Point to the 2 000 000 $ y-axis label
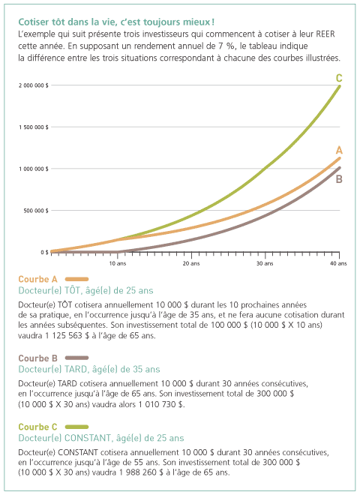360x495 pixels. (x=34, y=85)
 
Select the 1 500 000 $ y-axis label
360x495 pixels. (x=34, y=127)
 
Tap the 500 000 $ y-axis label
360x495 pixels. (x=36, y=211)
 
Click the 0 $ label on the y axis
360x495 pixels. (x=44, y=252)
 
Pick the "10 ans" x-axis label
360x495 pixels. (x=118, y=263)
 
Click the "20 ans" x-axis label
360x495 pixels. (x=191, y=263)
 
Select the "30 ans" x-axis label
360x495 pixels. (x=265, y=263)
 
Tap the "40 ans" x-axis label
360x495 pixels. (x=338, y=263)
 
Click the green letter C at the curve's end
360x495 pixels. (x=339, y=78)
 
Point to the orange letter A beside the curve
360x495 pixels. (x=339, y=150)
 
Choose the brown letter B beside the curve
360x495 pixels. (x=339, y=179)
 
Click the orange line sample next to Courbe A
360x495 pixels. (x=76, y=279)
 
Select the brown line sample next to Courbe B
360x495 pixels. (x=76, y=358)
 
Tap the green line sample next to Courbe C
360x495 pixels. (x=76, y=427)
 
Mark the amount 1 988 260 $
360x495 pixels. (x=141, y=472)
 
